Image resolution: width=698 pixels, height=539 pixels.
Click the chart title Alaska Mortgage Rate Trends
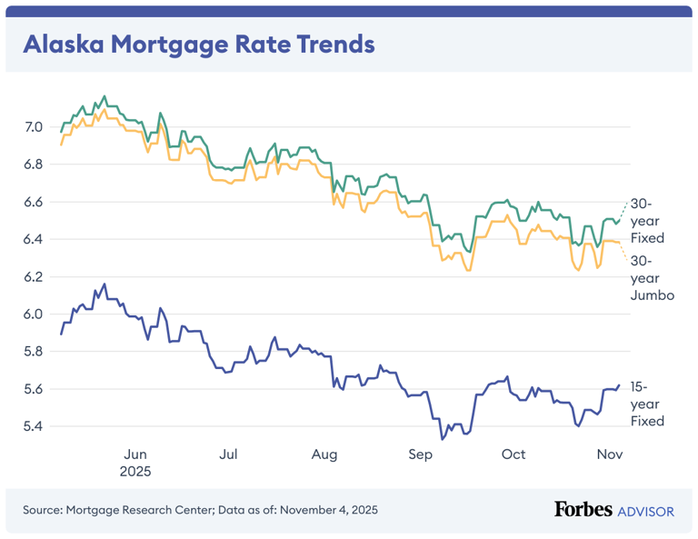coord(198,44)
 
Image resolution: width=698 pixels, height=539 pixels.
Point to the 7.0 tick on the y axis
coord(33,126)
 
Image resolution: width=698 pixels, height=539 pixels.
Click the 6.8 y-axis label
coord(33,165)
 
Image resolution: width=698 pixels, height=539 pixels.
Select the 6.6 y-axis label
coord(33,202)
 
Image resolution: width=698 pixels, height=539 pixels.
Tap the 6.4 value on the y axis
coord(33,239)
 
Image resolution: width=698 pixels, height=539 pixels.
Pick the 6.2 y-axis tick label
coord(33,276)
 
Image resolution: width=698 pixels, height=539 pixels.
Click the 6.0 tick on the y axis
coord(33,314)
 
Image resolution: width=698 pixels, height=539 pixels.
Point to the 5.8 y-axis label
coord(33,352)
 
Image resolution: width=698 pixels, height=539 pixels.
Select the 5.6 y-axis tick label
coord(33,389)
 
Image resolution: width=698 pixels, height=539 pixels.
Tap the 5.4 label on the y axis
coord(33,426)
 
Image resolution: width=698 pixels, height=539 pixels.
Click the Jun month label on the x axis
coord(135,454)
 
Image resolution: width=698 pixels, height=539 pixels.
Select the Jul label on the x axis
coord(228,454)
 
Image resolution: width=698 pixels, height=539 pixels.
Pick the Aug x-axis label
coord(324,454)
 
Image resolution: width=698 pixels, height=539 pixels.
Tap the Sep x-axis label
coord(420,454)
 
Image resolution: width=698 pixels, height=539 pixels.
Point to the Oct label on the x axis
coord(514,454)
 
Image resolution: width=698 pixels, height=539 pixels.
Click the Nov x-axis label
coord(608,454)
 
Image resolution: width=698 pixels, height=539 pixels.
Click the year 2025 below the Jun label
coord(135,472)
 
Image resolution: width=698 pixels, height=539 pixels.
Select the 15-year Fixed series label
coord(647,404)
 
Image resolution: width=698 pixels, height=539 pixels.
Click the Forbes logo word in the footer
coord(583,510)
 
